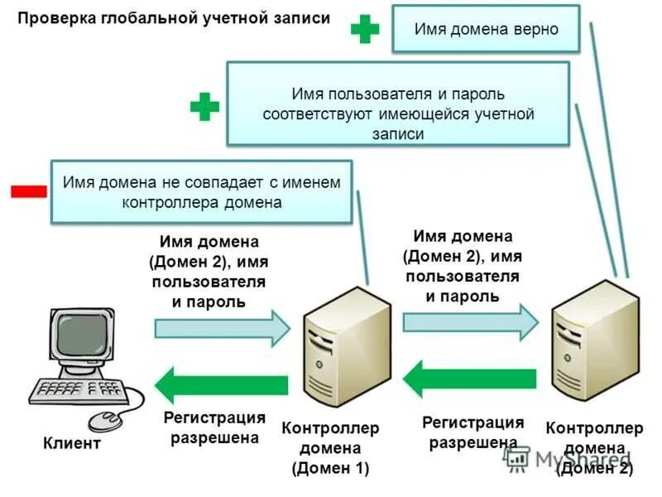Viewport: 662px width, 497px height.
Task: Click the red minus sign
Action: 28,191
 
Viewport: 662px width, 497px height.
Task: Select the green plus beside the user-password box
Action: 204,106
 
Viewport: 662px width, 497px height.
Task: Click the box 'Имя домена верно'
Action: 486,29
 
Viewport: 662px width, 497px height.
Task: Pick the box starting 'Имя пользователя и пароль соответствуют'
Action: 398,104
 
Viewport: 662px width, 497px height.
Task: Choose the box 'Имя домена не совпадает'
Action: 202,191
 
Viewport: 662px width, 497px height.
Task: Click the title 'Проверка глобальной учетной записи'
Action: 175,18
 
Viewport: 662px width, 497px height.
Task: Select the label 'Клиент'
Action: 72,443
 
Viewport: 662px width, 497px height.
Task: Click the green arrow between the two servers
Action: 469,379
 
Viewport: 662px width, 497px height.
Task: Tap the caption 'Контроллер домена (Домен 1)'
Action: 330,448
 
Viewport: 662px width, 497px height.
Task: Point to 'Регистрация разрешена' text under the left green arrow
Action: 214,427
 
